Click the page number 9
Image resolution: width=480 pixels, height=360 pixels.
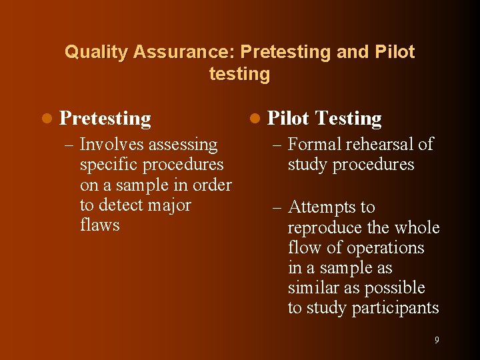437,340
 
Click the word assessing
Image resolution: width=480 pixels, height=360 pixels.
183,145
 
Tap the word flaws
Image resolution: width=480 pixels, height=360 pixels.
99,225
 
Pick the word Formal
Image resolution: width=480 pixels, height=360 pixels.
314,145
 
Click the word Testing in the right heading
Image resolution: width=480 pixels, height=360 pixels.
348,119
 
